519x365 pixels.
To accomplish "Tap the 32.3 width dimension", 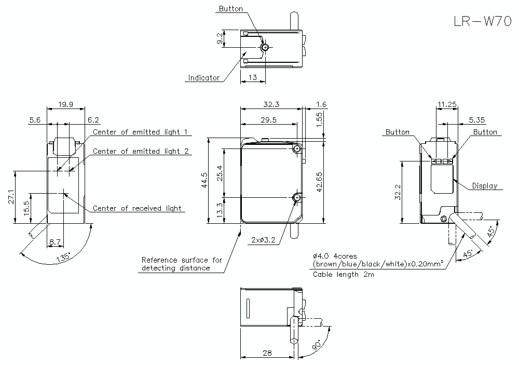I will coord(271,104).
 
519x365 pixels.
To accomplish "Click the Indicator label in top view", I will coord(203,78).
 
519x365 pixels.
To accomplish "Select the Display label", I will coord(484,186).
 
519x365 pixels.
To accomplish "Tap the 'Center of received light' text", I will coord(138,208).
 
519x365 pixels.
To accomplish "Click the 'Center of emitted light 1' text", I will coord(140,132).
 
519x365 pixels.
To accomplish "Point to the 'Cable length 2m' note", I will coord(343,274).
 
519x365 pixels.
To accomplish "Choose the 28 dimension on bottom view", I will coord(267,353).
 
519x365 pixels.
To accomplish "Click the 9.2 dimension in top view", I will coord(220,39).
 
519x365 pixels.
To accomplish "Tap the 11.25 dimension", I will coord(446,104).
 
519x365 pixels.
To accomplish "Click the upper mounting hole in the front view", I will coord(297,150).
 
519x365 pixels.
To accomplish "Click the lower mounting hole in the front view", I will coord(297,198).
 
